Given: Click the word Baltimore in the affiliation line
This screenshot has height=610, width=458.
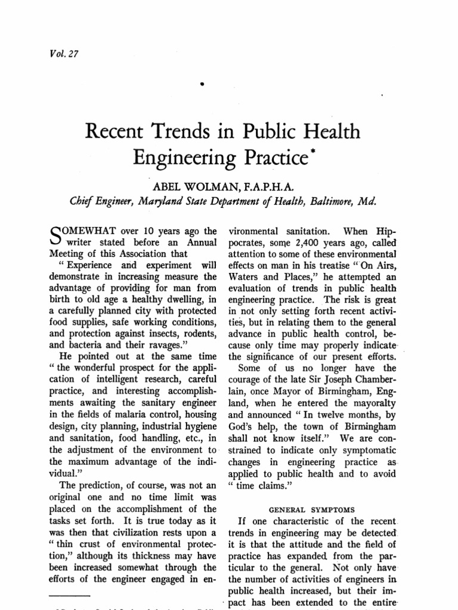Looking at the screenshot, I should click(323, 201).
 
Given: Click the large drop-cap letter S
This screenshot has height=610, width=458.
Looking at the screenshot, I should click(54, 237).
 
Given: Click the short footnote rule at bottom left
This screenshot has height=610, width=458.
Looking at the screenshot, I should click(69, 596).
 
